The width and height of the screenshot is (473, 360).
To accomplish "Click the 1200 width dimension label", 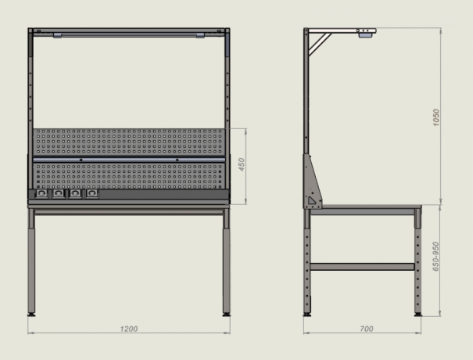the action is [x=129, y=329].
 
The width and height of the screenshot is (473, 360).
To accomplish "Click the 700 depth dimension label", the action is [x=367, y=329].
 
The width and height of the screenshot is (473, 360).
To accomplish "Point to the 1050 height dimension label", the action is [x=436, y=117].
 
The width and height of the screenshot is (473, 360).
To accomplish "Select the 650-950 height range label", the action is [x=435, y=257].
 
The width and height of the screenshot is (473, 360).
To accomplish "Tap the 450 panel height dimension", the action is [x=242, y=164].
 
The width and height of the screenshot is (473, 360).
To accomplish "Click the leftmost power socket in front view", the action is [x=41, y=193].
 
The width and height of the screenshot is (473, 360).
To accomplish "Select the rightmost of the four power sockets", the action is [x=92, y=193].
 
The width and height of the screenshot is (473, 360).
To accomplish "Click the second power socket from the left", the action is [x=58, y=193].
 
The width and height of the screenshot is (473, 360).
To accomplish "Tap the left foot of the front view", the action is [x=31, y=315].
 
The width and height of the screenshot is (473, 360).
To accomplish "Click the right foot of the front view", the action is [x=226, y=315].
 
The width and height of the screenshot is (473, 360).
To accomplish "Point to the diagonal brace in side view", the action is [x=320, y=44].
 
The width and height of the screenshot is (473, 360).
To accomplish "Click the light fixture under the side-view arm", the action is [x=366, y=35].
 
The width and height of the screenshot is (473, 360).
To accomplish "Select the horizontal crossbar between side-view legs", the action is [x=362, y=267].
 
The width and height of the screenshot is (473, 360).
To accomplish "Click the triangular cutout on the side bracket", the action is [x=311, y=200].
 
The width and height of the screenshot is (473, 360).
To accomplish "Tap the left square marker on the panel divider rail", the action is [x=81, y=160].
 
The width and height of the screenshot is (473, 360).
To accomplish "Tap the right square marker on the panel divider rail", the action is [x=177, y=160].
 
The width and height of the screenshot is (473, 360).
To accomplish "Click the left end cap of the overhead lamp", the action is [x=58, y=35].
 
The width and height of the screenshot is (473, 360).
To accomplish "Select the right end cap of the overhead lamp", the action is [x=200, y=35].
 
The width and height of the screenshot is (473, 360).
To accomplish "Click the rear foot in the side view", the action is [x=307, y=315].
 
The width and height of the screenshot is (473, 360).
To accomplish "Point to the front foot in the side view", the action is [x=417, y=315].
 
